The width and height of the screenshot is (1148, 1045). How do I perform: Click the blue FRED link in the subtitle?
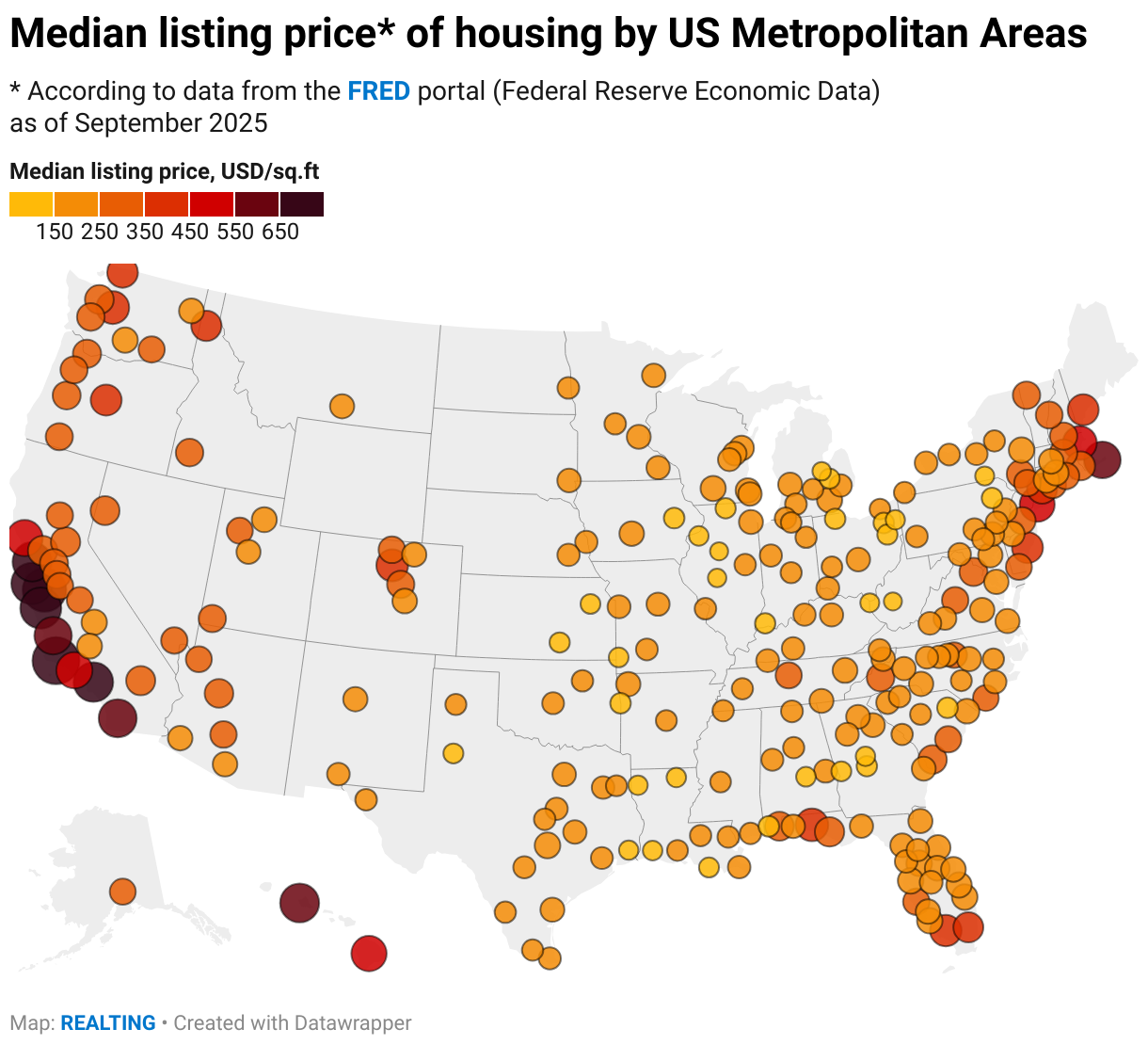point(378,91)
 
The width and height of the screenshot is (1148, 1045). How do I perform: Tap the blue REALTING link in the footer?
point(108,1023)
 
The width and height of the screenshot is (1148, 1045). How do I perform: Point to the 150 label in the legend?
point(55,232)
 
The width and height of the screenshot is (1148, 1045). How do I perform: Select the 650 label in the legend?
point(280,232)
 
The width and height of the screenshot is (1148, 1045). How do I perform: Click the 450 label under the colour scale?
point(190,232)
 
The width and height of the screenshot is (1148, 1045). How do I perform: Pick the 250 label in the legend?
point(100,232)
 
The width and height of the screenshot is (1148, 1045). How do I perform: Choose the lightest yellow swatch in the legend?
point(31,204)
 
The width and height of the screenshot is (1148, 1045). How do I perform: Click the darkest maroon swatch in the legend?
point(302,204)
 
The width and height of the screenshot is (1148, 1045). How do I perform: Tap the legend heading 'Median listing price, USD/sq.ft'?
point(165,171)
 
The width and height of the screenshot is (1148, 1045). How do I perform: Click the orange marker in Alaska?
point(122,891)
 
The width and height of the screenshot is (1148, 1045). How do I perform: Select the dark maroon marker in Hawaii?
point(299,903)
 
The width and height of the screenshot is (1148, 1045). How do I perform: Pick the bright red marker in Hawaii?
point(369,954)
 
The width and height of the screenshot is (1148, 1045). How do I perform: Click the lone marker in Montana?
point(342,407)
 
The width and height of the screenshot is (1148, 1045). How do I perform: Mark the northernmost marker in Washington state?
point(122,273)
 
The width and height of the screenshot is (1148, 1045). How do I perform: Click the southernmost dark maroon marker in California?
point(118,718)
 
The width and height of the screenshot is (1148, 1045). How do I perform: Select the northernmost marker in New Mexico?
point(455,704)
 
